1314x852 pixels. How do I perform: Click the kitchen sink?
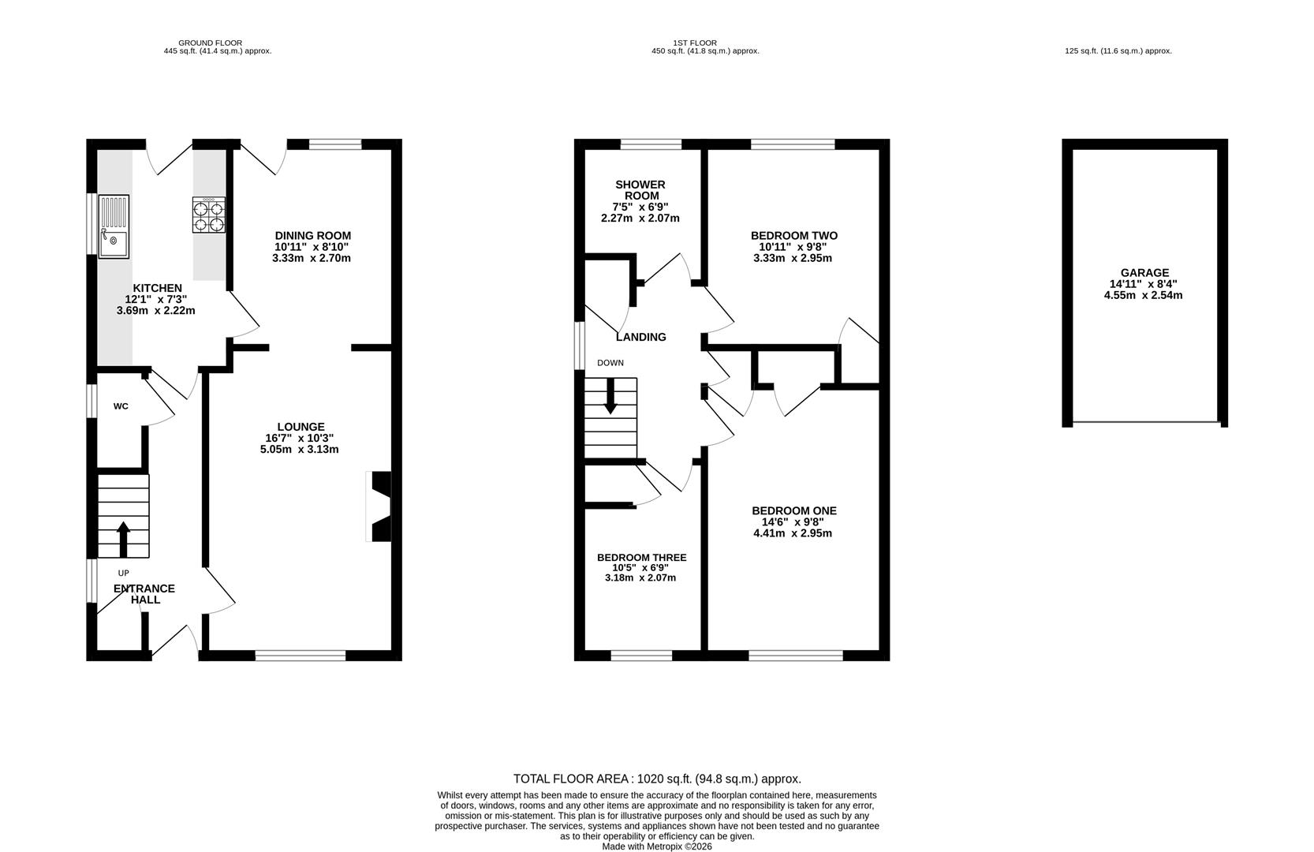114,226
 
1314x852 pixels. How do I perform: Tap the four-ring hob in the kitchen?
209,215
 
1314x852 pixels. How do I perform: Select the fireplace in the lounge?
379,506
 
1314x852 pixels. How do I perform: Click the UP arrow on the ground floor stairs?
123,540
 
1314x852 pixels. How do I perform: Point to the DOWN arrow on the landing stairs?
610,396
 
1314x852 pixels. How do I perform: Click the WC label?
121,406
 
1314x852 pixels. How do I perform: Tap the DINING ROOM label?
312,236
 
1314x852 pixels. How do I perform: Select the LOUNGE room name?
301,427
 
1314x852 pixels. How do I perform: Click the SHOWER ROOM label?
640,190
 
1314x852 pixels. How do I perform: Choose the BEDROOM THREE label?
642,558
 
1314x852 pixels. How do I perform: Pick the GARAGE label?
1144,273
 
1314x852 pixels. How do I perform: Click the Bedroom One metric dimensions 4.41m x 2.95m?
793,533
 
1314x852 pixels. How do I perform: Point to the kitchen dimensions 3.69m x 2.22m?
156,310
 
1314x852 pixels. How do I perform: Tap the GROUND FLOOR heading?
210,43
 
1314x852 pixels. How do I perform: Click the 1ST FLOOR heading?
695,43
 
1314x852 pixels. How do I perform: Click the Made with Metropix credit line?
657,846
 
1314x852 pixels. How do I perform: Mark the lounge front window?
301,656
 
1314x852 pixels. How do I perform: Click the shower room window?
651,144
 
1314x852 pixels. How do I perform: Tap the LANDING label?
641,338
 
